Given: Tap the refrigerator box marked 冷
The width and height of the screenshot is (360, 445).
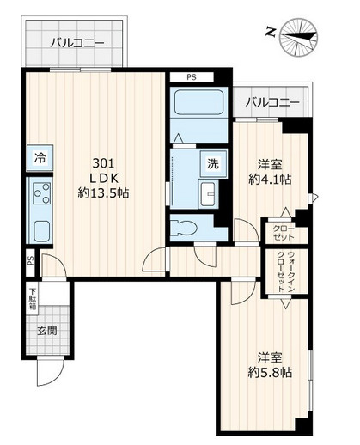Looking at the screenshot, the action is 40,158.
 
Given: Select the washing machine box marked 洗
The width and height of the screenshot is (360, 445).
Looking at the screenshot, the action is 213,163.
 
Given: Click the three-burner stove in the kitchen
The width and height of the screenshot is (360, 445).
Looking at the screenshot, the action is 41,193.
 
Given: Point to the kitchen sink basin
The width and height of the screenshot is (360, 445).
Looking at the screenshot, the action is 42,231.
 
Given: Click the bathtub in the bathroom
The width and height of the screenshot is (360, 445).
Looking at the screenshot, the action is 198,103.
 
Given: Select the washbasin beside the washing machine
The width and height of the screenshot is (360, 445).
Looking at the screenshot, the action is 208,193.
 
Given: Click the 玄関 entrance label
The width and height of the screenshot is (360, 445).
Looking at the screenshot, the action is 47,331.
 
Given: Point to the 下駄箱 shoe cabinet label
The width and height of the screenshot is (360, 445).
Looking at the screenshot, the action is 33,299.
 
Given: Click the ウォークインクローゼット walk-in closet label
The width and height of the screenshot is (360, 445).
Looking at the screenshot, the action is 285,271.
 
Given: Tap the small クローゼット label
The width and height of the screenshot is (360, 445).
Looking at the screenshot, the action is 283,233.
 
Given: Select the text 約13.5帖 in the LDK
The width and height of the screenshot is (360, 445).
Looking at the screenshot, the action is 103,193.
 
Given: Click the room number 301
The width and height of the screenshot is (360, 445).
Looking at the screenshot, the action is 103,163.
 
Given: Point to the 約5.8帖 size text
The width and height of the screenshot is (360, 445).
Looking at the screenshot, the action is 270,373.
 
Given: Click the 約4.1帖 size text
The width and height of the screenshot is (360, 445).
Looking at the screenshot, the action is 270,180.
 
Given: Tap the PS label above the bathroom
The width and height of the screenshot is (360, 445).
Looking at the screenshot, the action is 192,77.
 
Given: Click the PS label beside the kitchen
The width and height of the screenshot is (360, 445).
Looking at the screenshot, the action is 31,261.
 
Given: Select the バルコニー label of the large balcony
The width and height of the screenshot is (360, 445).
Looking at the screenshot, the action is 76,44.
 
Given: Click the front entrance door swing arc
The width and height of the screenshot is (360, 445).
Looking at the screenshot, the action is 58,377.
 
